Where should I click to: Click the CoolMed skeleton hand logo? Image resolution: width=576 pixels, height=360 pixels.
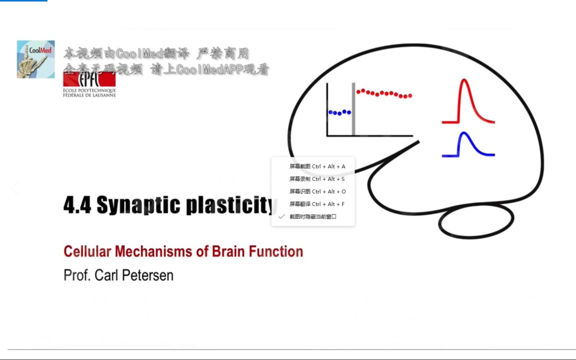[x=36, y=59]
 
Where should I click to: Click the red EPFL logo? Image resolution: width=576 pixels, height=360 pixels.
[x=89, y=79]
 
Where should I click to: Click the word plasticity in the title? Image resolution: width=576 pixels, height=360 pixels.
[x=231, y=205]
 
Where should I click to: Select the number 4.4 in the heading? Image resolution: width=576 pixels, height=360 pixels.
[x=77, y=205]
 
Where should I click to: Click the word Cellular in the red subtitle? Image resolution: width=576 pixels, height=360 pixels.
[x=87, y=251]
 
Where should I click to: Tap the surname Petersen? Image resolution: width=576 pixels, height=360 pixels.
[x=148, y=275]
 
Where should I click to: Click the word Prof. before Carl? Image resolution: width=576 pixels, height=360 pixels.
[x=77, y=275]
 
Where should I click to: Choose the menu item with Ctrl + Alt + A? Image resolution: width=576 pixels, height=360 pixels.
[x=317, y=166]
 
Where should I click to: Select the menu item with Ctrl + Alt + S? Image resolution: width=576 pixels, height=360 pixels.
[x=317, y=179]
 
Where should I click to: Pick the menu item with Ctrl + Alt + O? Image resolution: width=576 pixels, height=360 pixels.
[x=318, y=191]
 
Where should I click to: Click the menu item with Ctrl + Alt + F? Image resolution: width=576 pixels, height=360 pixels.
[x=317, y=204]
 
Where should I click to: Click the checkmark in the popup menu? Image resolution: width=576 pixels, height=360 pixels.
[x=282, y=217]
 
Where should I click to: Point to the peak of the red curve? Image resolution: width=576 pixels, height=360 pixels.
[x=464, y=80]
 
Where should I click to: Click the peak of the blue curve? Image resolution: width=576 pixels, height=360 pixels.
[x=464, y=133]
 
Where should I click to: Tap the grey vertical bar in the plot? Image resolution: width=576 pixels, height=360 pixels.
[x=354, y=109]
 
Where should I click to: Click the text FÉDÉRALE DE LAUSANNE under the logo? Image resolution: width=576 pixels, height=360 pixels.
[x=89, y=95]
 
